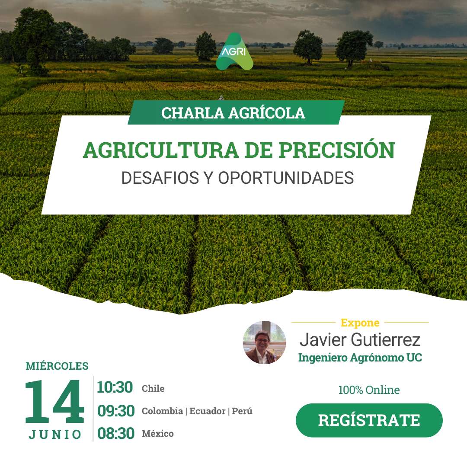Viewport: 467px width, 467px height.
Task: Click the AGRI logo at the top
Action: click(x=234, y=51)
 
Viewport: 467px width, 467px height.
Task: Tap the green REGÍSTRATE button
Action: click(x=369, y=420)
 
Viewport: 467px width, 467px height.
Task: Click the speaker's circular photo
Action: click(x=264, y=342)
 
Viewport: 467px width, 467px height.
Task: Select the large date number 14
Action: click(x=54, y=401)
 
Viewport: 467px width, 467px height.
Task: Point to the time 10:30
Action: click(x=115, y=387)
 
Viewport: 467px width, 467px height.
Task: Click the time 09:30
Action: click(x=116, y=411)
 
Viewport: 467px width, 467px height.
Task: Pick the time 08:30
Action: click(x=116, y=433)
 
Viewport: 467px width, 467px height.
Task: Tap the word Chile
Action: click(x=153, y=388)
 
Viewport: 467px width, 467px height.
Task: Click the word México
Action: click(x=157, y=433)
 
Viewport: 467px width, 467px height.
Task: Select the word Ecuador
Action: click(x=207, y=411)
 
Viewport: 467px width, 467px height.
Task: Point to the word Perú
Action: click(x=242, y=411)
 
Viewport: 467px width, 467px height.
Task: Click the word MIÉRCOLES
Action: click(x=57, y=366)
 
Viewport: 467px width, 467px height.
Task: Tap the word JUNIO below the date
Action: click(x=55, y=435)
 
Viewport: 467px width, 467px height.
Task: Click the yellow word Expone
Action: click(x=360, y=323)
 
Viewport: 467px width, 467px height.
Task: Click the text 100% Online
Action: click(x=369, y=390)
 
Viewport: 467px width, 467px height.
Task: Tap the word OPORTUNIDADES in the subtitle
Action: click(x=286, y=178)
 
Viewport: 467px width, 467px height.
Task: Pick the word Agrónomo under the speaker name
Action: click(x=377, y=358)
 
